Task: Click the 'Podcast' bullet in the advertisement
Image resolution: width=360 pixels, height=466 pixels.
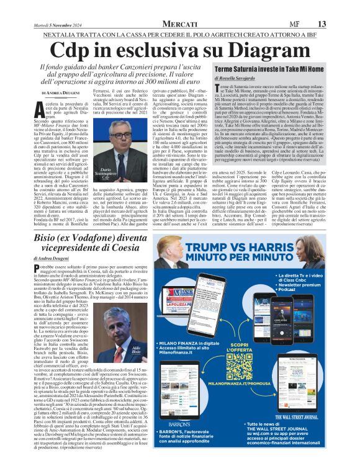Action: tap(305, 290)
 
